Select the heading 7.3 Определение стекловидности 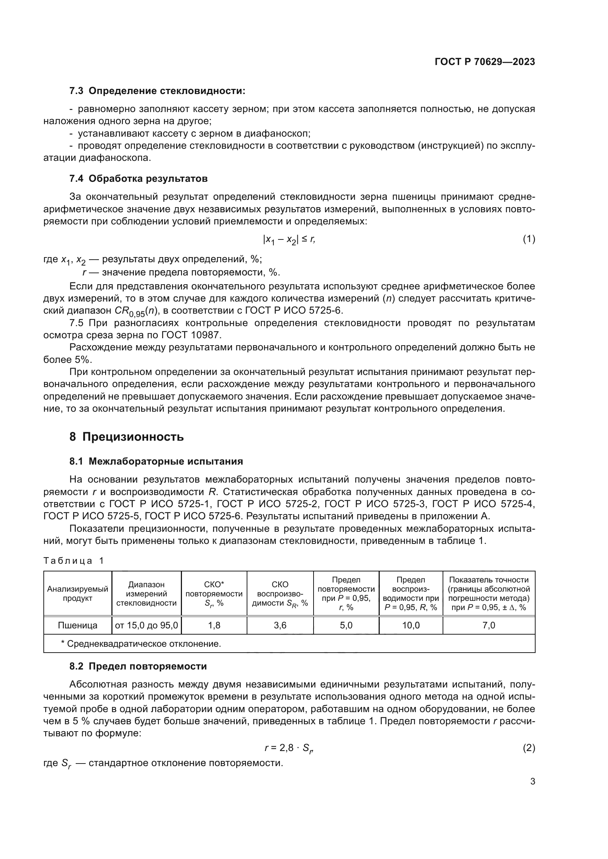(157, 91)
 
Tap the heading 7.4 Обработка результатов (138, 179)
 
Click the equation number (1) (529, 239)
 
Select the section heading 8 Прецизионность (126, 437)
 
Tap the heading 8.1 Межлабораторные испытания (156, 461)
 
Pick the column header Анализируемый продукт (78, 593)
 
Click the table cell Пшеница (78, 625)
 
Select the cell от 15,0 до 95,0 (146, 625)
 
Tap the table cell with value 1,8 (214, 625)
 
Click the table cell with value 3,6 (280, 625)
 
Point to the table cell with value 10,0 (411, 625)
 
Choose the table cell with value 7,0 (489, 625)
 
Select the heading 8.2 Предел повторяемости (138, 666)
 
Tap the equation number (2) (529, 748)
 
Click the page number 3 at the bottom (532, 782)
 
